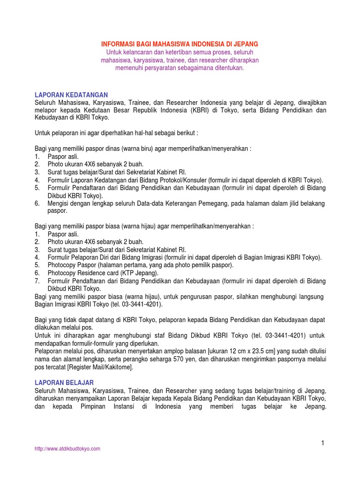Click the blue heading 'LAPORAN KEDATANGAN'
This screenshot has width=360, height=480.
point(72,95)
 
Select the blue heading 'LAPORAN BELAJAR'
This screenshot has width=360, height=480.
point(64,383)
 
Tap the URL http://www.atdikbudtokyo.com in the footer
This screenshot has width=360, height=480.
point(67,449)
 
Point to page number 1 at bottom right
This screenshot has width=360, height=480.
point(323,443)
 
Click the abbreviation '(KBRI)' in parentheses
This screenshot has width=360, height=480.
point(197,110)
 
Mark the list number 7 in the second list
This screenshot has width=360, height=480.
point(37,281)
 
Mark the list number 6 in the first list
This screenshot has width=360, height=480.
point(37,203)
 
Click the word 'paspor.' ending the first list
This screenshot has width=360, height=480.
point(57,211)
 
